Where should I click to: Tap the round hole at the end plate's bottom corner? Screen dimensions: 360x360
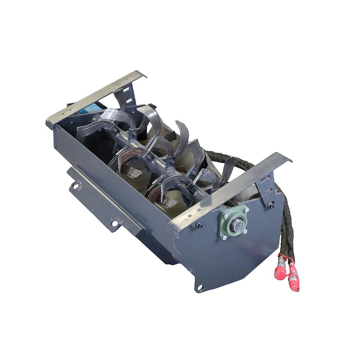pos(200,288)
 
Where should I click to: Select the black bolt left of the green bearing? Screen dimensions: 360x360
pos(199,225)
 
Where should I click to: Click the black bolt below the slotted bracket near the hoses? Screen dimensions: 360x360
pos(271,205)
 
